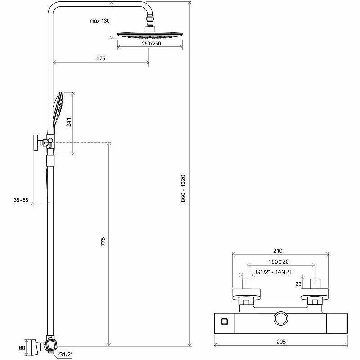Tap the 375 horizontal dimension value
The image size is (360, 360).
(101, 58)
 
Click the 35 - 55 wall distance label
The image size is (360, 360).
(21, 199)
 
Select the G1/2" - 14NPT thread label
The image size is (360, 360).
(274, 271)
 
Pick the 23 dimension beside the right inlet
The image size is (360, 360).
(297, 284)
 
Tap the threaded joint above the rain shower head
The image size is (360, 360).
(149, 22)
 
